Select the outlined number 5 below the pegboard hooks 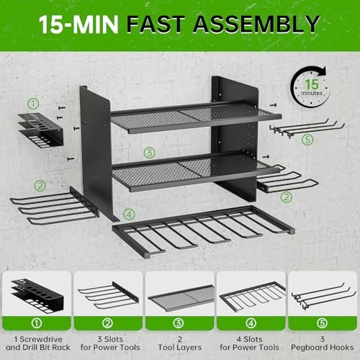click(308, 139)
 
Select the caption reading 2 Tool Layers click(179, 339)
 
